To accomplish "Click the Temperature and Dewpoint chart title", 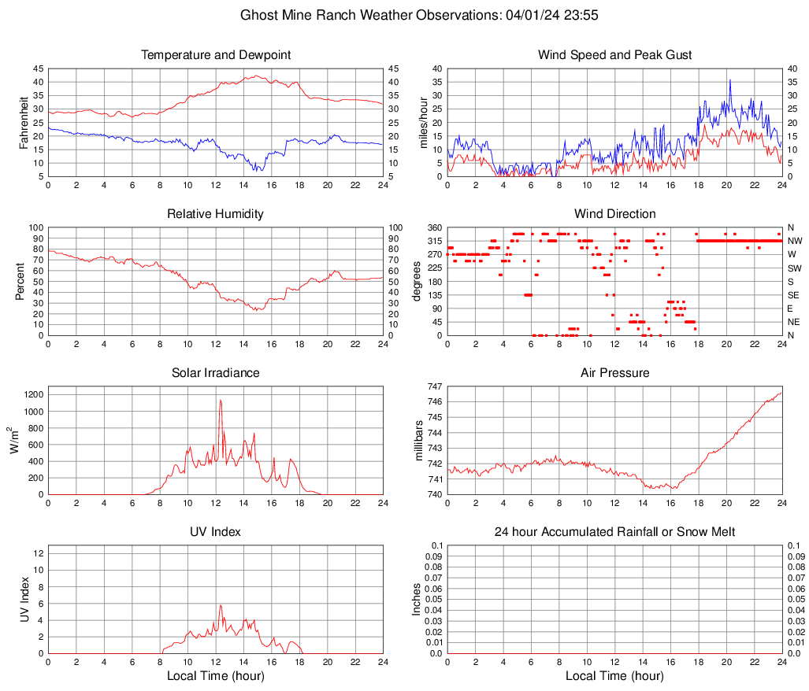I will pyautogui.click(x=215, y=55).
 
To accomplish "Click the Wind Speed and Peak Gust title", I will pyautogui.click(x=614, y=55).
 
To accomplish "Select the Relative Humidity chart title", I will pyautogui.click(x=215, y=214).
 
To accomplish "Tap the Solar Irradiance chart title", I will pyautogui.click(x=215, y=372).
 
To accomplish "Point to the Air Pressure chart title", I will pyautogui.click(x=614, y=372).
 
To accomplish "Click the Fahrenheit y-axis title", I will pyautogui.click(x=23, y=122).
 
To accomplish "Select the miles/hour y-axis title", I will pyautogui.click(x=423, y=122).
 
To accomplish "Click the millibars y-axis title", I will pyautogui.click(x=420, y=441).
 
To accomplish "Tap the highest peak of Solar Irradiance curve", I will pyautogui.click(x=221, y=400).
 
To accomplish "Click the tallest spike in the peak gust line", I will pyautogui.click(x=729, y=79).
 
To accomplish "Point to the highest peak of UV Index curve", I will pyautogui.click(x=221, y=605).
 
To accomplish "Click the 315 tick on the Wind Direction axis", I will pyautogui.click(x=434, y=241).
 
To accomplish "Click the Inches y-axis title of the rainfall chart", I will pyautogui.click(x=417, y=600).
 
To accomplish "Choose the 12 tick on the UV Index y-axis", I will pyautogui.click(x=38, y=553).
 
